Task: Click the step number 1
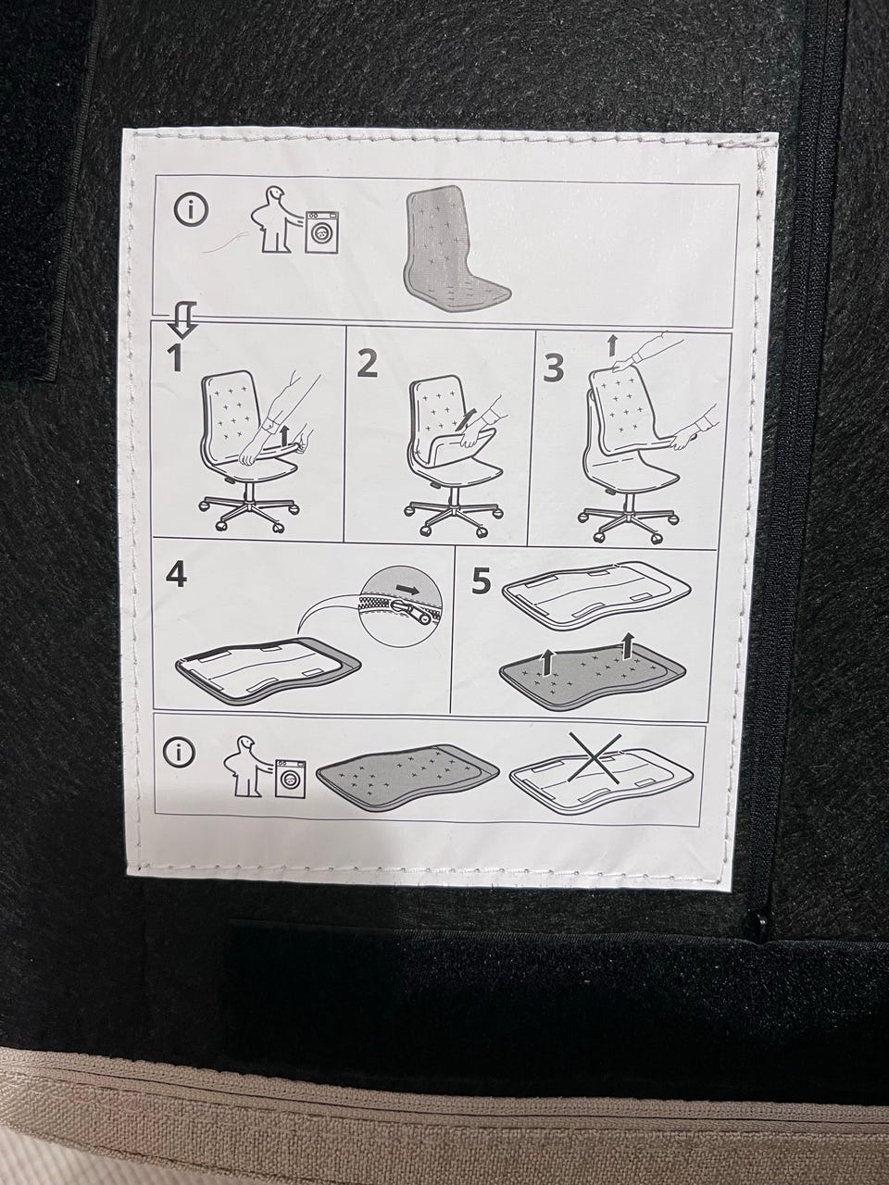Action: click(175, 357)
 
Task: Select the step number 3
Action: click(553, 368)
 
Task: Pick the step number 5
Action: click(482, 582)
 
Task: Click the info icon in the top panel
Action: click(191, 210)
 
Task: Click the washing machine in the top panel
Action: click(322, 232)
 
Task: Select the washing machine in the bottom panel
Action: click(291, 778)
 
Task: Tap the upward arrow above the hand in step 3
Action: click(611, 345)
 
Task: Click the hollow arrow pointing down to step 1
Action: click(182, 319)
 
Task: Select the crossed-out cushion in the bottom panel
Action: click(601, 774)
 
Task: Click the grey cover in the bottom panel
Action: click(407, 778)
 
